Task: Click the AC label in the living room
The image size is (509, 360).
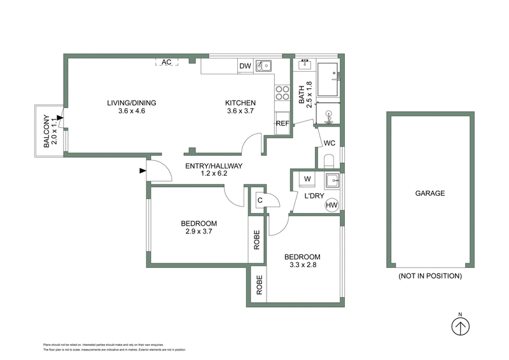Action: (167, 62)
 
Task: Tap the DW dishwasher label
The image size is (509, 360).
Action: (245, 66)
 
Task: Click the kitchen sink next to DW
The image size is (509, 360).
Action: (263, 66)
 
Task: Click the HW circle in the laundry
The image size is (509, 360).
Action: (331, 205)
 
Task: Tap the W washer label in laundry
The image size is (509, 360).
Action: (307, 179)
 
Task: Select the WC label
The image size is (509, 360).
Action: (330, 142)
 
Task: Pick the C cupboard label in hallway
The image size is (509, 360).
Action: (260, 202)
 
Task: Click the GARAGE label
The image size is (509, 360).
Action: (429, 193)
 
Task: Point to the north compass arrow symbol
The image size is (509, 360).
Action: (460, 326)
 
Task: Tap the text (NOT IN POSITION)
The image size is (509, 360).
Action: (429, 276)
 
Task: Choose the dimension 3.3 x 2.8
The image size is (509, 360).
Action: (307, 260)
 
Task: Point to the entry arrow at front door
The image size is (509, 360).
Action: (141, 170)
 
